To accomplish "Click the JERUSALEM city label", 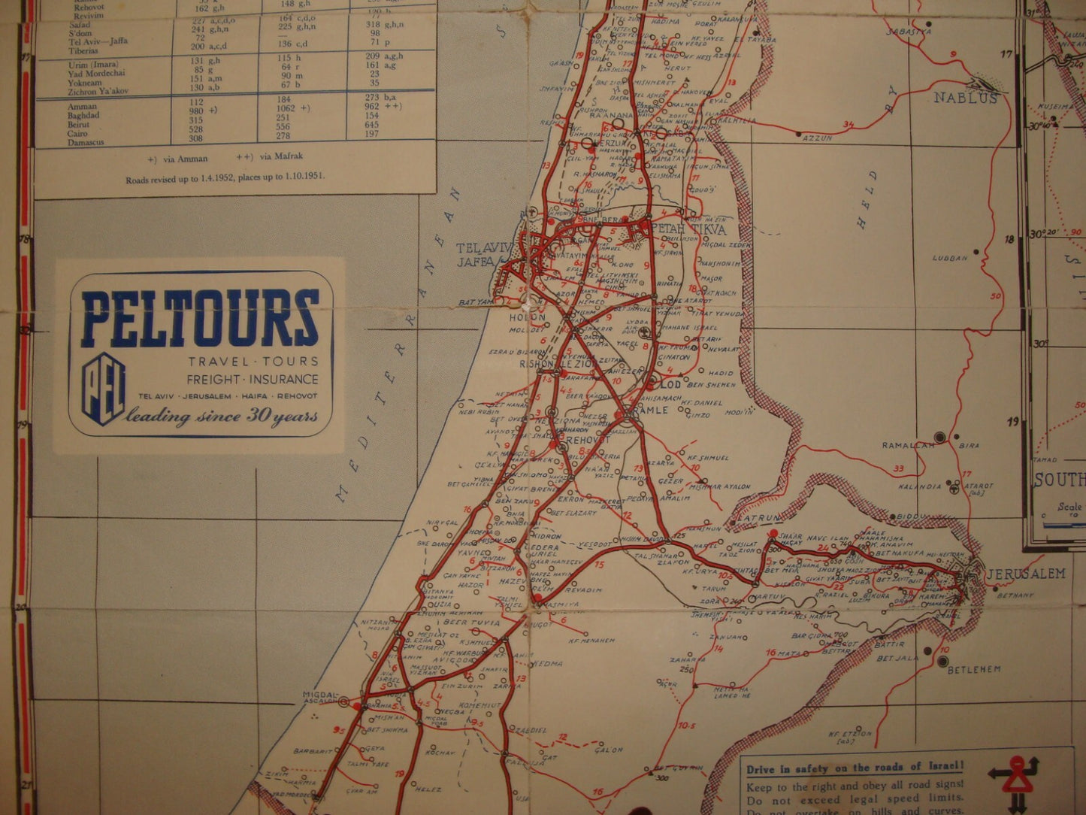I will pyautogui.click(x=1026, y=574).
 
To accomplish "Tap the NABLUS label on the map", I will pyautogui.click(x=966, y=98).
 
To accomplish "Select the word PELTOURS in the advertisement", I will pyautogui.click(x=200, y=318).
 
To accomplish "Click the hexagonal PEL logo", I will pyautogui.click(x=103, y=389).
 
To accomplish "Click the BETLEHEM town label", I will pyautogui.click(x=974, y=669).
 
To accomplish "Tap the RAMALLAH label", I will pyautogui.click(x=909, y=446).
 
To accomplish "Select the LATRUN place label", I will pyautogui.click(x=758, y=518).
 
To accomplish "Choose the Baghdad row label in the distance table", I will pyautogui.click(x=83, y=116).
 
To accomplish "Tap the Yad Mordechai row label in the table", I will pyautogui.click(x=95, y=74).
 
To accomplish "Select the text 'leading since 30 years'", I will pyautogui.click(x=222, y=416).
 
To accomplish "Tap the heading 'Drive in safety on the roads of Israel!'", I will pyautogui.click(x=854, y=768).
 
